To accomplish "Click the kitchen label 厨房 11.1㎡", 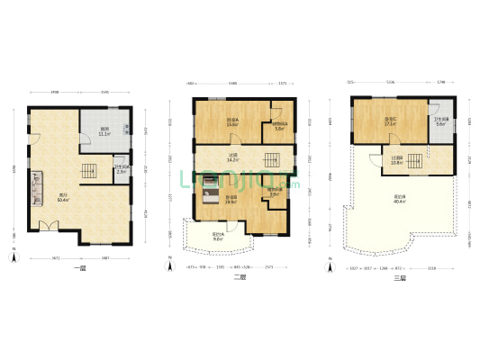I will pyautogui.click(x=105, y=130).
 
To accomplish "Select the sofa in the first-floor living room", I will pyautogui.click(x=40, y=188).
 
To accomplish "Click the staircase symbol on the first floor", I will pyautogui.click(x=89, y=170).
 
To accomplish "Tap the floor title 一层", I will pyautogui.click(x=79, y=277).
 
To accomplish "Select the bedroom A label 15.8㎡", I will pyautogui.click(x=232, y=123).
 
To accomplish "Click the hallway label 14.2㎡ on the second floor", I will pyautogui.click(x=232, y=157).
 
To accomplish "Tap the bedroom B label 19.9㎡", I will pyautogui.click(x=231, y=200).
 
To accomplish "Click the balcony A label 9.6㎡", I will pyautogui.click(x=218, y=237).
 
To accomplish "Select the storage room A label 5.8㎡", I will pyautogui.click(x=280, y=126).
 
